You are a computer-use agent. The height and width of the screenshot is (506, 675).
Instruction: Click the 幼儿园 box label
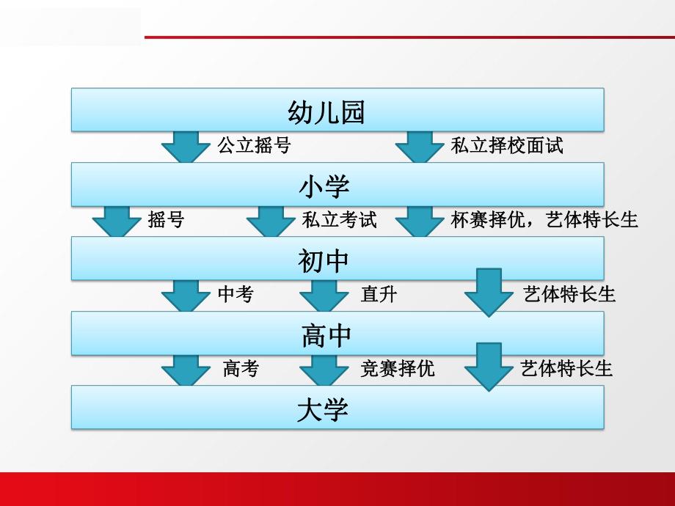click(326, 112)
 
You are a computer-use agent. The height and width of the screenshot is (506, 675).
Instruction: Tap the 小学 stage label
click(324, 186)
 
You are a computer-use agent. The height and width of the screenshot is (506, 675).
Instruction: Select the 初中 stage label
click(324, 260)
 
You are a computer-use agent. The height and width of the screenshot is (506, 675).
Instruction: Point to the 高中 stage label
click(326, 335)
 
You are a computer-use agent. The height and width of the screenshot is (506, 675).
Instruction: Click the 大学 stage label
click(323, 409)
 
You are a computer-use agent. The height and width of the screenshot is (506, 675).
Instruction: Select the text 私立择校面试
click(506, 145)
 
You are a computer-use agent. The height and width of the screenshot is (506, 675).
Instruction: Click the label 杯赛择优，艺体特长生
click(544, 219)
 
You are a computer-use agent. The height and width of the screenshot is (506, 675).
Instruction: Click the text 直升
click(379, 294)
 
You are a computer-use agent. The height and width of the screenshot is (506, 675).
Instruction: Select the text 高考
click(241, 368)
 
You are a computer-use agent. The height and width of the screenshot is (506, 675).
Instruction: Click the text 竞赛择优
click(397, 368)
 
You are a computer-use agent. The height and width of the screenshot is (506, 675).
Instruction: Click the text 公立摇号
click(254, 145)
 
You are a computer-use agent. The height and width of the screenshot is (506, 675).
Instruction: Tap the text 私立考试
click(339, 219)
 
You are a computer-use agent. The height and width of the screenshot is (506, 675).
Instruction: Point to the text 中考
click(236, 294)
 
